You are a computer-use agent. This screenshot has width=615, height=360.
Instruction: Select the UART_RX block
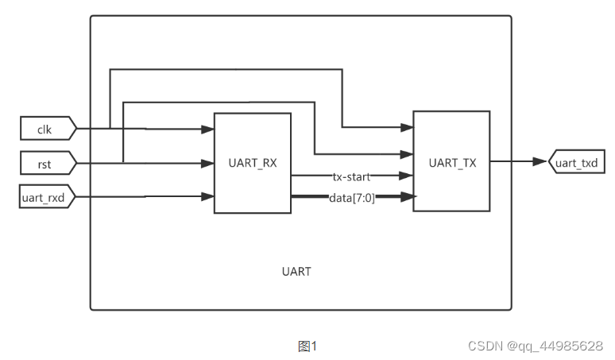(252, 163)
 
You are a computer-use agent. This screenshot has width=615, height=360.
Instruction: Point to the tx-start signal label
(351, 176)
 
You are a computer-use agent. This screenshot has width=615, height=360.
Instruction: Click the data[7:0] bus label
(351, 197)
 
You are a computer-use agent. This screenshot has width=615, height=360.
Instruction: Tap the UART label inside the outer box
(296, 271)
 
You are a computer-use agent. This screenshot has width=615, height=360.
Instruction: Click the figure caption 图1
(307, 346)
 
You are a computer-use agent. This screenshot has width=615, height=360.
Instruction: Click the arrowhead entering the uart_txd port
(543, 162)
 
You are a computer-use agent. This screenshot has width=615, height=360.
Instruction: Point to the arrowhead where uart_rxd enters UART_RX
(209, 195)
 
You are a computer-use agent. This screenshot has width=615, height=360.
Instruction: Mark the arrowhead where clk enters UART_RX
(209, 128)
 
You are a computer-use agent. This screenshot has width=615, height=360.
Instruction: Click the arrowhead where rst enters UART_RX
(209, 163)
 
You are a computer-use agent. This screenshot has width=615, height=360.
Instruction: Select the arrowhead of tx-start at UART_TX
(408, 176)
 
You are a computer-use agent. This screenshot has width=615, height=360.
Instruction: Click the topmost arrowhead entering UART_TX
(408, 127)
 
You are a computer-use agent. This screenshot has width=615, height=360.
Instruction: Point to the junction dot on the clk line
(110, 127)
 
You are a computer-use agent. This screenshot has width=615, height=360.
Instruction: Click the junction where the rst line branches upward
(123, 163)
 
